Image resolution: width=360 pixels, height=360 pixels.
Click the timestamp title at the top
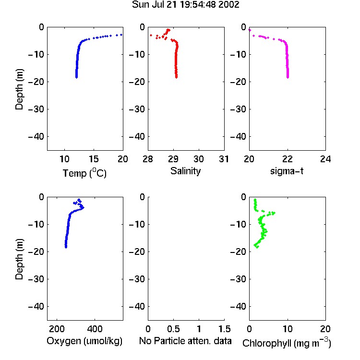pyautogui.click(x=185, y=5)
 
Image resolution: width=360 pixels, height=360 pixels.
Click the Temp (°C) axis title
pyautogui.click(x=84, y=173)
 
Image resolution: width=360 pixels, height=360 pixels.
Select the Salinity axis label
pyautogui.click(x=185, y=171)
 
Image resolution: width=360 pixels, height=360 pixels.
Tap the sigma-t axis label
pyautogui.click(x=287, y=171)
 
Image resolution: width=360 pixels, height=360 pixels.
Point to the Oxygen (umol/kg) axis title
pyautogui.click(x=84, y=341)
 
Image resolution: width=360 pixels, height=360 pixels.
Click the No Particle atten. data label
pyautogui.click(x=185, y=341)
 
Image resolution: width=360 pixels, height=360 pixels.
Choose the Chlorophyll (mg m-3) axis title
pyautogui.click(x=287, y=343)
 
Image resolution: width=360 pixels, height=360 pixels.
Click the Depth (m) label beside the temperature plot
pyautogui.click(x=19, y=89)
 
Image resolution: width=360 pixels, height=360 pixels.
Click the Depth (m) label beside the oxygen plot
pyautogui.click(x=19, y=259)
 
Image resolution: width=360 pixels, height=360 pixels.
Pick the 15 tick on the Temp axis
pyautogui.click(x=94, y=159)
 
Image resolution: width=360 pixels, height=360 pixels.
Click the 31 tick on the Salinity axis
pyautogui.click(x=224, y=159)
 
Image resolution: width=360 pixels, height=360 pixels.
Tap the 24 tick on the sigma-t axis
pyautogui.click(x=325, y=159)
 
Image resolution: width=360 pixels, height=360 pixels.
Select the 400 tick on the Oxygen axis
pyautogui.click(x=95, y=329)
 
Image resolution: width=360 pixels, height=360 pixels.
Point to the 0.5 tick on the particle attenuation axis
pyautogui.click(x=173, y=329)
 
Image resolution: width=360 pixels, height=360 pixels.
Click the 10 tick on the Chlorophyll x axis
pyautogui.click(x=288, y=329)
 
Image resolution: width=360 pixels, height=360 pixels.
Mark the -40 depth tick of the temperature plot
pyautogui.click(x=36, y=137)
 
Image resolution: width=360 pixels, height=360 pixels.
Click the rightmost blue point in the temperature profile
pyautogui.click(x=121, y=35)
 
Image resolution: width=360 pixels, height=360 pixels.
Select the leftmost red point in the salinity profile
pyautogui.click(x=151, y=35)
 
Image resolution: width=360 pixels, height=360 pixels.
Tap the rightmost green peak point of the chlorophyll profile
pyautogui.click(x=274, y=213)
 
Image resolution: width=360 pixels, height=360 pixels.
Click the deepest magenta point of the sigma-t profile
pyautogui.click(x=288, y=77)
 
